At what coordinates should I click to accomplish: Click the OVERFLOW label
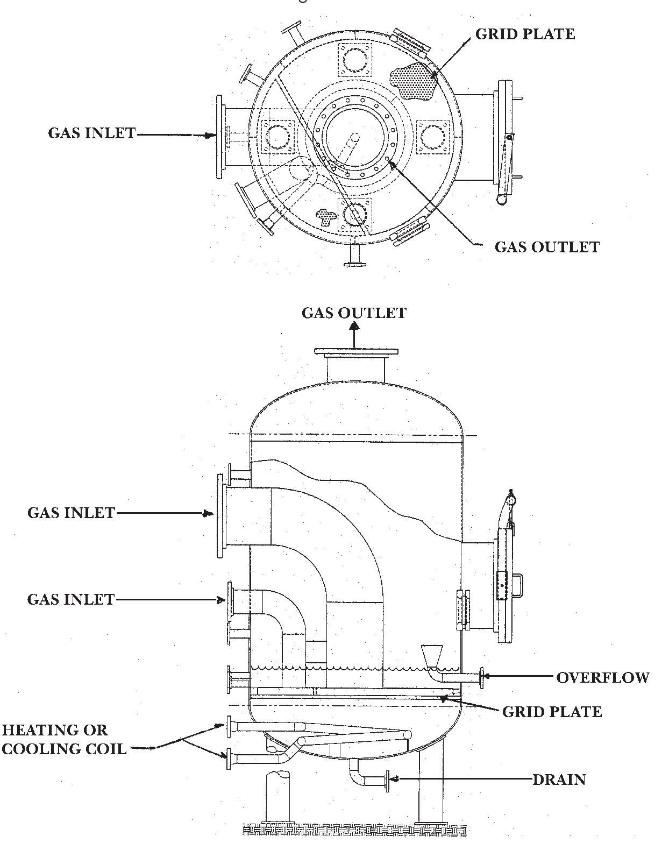(x=602, y=677)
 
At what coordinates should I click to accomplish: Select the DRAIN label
(x=559, y=779)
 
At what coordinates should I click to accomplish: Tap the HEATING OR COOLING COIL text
(x=63, y=739)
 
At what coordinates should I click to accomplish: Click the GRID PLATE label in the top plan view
(x=525, y=34)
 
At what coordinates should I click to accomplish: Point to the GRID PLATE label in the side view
(x=552, y=712)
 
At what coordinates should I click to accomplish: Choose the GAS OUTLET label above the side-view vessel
(x=354, y=313)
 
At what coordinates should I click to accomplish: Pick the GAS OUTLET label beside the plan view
(x=546, y=247)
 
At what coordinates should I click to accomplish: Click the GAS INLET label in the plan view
(x=92, y=133)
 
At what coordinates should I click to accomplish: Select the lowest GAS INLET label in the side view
(x=71, y=599)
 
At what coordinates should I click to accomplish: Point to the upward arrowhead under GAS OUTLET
(x=354, y=325)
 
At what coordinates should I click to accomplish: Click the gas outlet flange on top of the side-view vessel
(x=356, y=353)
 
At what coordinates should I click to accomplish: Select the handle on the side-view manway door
(x=519, y=585)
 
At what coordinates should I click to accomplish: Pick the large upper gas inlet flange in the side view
(x=220, y=516)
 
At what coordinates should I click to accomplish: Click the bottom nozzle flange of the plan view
(x=355, y=264)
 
